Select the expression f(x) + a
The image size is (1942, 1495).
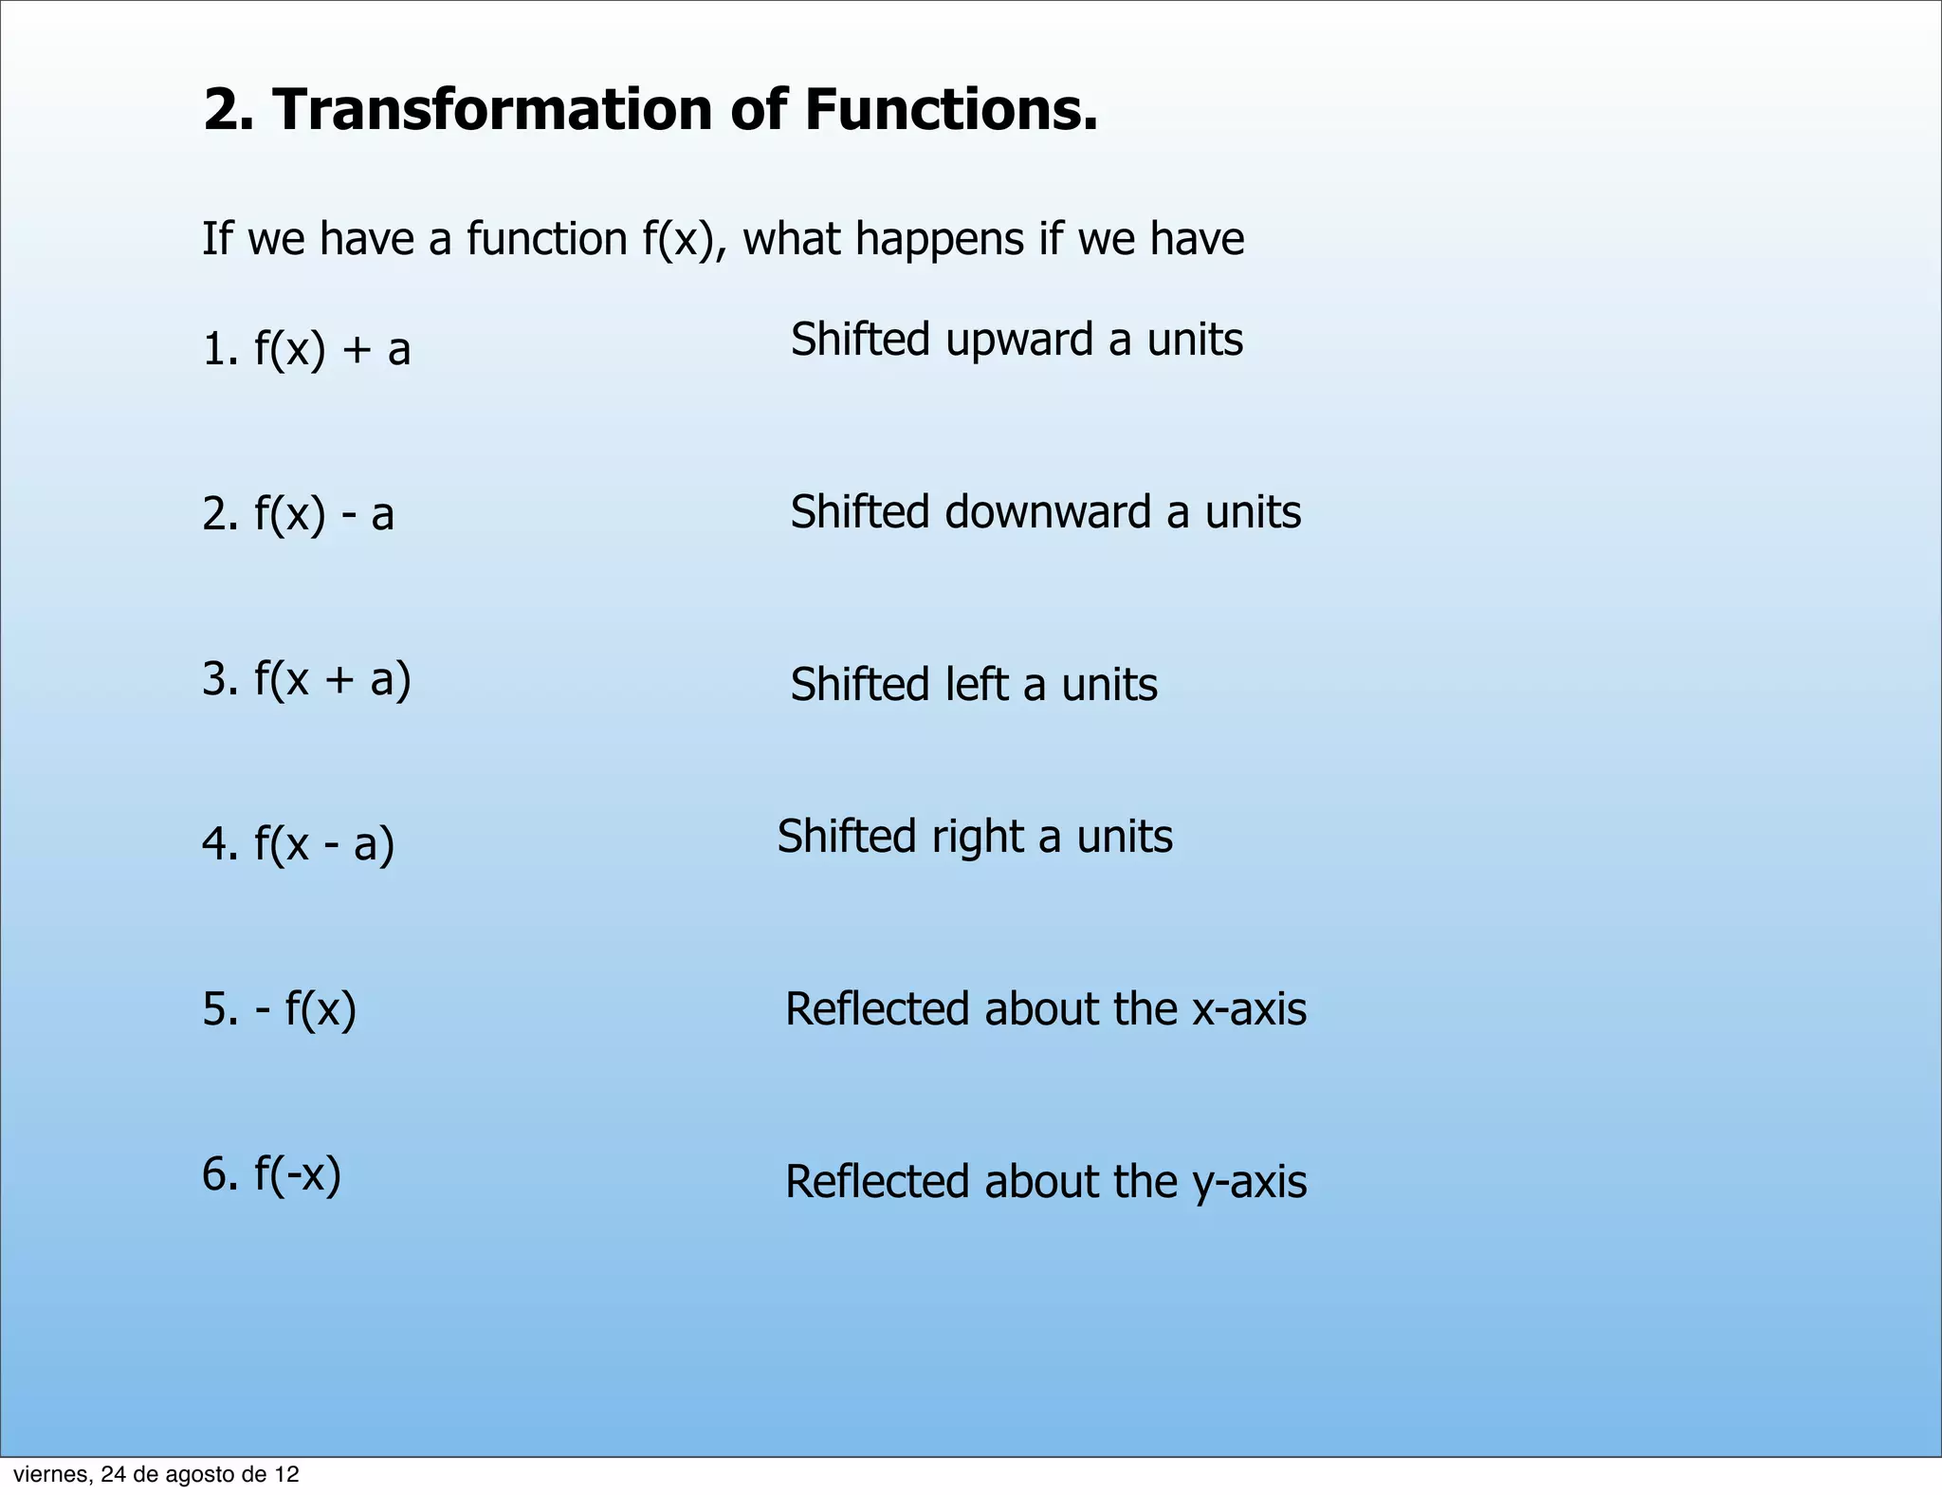(332, 349)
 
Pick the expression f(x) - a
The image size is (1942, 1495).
(323, 514)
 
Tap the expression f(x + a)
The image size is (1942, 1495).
(332, 679)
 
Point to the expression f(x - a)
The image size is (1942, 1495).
(323, 843)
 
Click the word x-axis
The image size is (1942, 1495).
(1249, 1009)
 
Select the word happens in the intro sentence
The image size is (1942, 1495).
(939, 239)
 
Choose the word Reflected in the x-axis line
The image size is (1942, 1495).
(877, 1009)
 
